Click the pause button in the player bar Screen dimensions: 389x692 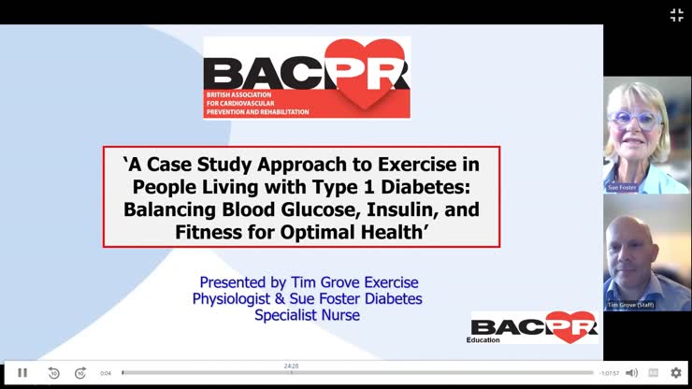[x=22, y=372]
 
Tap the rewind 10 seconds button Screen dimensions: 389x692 [x=53, y=372]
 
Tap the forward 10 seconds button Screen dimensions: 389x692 [x=80, y=372]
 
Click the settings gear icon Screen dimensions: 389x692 [x=675, y=372]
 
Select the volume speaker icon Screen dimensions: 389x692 [x=631, y=372]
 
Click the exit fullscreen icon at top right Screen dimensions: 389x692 [x=676, y=15]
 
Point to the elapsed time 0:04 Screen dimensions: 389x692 [x=106, y=373]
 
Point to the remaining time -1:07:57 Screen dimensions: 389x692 [x=610, y=373]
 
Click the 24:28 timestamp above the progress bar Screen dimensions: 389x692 [x=292, y=366]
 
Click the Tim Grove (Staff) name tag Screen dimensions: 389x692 [x=630, y=305]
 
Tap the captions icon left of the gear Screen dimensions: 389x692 [x=653, y=372]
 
